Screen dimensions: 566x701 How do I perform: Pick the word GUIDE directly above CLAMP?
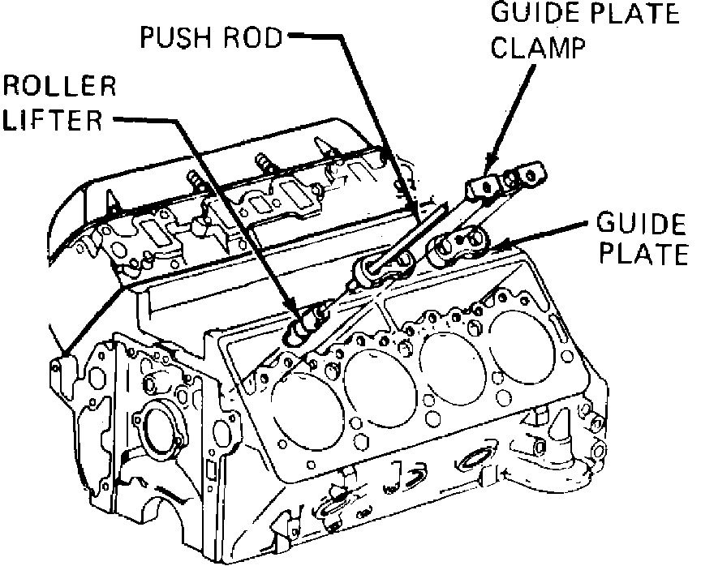521,14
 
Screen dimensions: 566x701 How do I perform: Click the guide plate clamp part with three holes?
507,181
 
